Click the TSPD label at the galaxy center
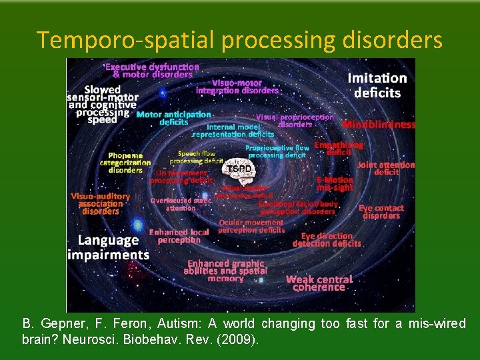pyautogui.click(x=240, y=169)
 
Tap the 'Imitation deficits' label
pyautogui.click(x=377, y=85)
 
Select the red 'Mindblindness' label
pyautogui.click(x=379, y=125)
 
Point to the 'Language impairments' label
pyautogui.click(x=109, y=247)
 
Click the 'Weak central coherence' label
pyautogui.click(x=319, y=283)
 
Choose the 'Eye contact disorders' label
pyautogui.click(x=381, y=212)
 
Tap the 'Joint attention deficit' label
pyautogui.click(x=386, y=168)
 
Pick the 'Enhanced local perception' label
pyautogui.click(x=179, y=236)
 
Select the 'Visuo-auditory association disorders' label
pyautogui.click(x=101, y=204)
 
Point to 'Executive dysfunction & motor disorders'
pyautogui.click(x=152, y=71)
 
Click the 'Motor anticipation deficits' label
pyautogui.click(x=173, y=118)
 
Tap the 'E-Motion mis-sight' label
pyautogui.click(x=335, y=184)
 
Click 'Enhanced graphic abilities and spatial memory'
pyautogui.click(x=227, y=271)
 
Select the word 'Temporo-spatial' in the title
pyautogui.click(x=125, y=40)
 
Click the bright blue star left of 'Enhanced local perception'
pyautogui.click(x=137, y=225)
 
